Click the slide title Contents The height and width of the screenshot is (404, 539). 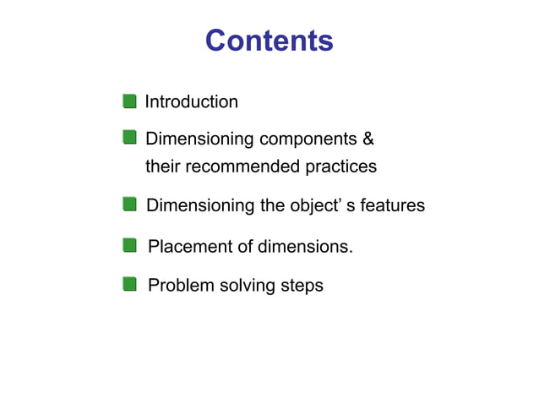point(269,41)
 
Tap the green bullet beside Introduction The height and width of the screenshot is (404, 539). point(129,101)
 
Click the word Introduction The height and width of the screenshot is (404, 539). point(192,102)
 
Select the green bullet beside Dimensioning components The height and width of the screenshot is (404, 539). point(129,137)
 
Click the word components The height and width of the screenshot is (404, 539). point(308,139)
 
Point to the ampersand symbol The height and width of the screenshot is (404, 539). point(367,138)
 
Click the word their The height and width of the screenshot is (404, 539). point(162,167)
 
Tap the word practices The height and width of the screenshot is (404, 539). point(340,167)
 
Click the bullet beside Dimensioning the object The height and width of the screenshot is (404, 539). point(129,204)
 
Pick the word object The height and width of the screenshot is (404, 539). point(313,205)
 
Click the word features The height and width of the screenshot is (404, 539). point(392,205)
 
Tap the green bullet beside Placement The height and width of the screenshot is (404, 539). point(129,246)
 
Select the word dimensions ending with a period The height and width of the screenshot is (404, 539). point(306,247)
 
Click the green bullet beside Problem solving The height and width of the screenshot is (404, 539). point(129,284)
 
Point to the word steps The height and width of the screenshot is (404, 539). point(301,286)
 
